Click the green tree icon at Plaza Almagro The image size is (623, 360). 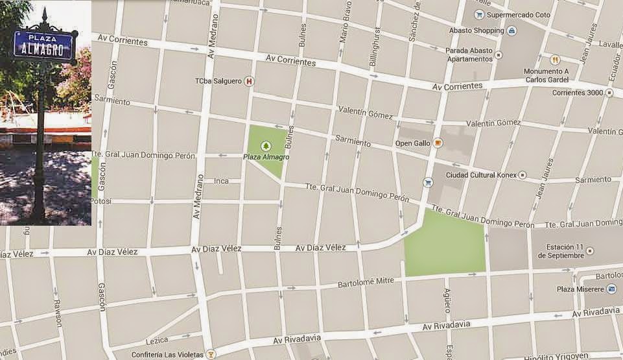(x=264, y=146)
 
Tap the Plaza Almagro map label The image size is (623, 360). (x=266, y=157)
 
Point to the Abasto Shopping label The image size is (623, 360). (x=476, y=30)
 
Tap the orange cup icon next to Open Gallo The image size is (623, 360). (x=438, y=143)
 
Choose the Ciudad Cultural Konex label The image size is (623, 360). (x=479, y=175)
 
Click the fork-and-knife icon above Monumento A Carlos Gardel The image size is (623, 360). (x=554, y=59)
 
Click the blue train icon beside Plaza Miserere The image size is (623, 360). (x=611, y=289)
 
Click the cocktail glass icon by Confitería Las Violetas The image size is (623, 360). (x=210, y=355)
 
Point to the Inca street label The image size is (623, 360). (x=222, y=180)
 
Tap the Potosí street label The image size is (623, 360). (x=102, y=201)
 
